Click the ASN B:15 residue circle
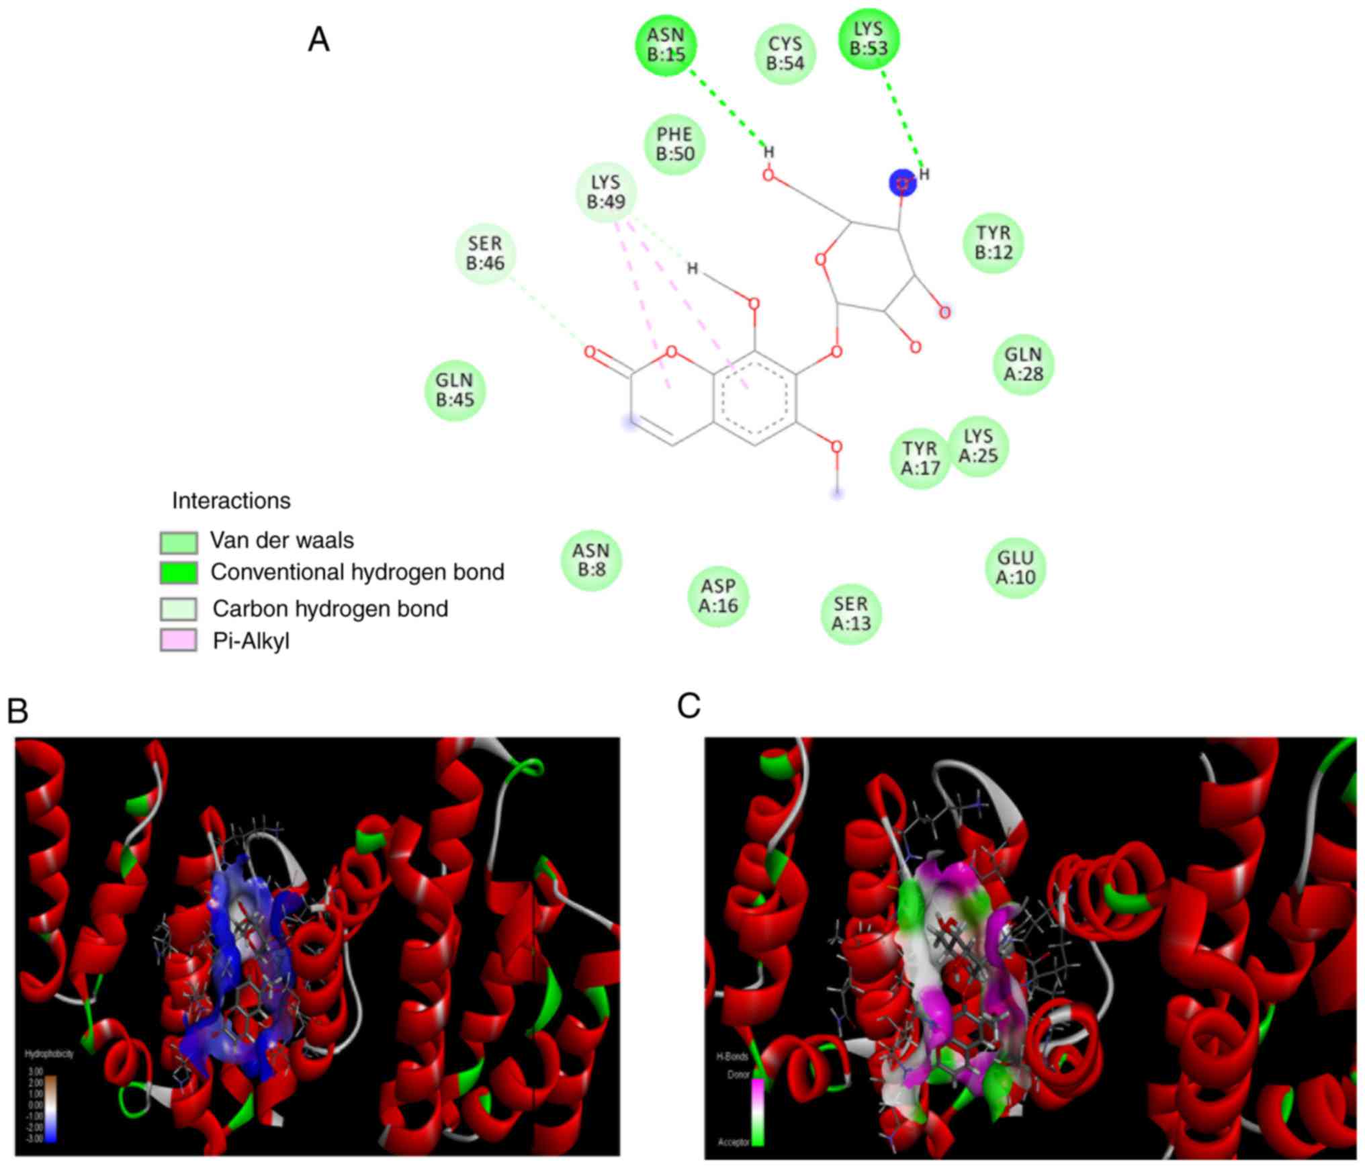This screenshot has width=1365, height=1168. [x=666, y=45]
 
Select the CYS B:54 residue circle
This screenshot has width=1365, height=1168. [x=785, y=54]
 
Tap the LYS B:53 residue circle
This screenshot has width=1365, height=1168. [x=869, y=39]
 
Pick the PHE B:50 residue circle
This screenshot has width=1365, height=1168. [x=675, y=144]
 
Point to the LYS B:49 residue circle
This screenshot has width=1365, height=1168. [x=606, y=192]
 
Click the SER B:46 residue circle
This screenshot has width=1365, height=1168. [x=486, y=253]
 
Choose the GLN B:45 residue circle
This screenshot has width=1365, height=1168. [x=455, y=390]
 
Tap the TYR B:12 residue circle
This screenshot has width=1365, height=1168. [x=994, y=242]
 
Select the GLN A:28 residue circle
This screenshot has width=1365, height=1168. [x=1023, y=364]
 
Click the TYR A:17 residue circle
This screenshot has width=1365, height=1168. [x=920, y=458]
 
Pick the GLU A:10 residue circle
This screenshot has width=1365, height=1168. [x=1016, y=568]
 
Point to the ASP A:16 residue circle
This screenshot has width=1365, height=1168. [x=718, y=596]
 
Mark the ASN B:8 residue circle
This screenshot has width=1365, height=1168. [x=591, y=560]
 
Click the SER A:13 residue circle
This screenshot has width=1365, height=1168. [x=851, y=613]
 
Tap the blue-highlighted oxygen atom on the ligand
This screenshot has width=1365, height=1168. [x=903, y=183]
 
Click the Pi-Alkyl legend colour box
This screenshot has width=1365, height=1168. [x=179, y=640]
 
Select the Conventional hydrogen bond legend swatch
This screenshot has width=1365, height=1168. [x=179, y=572]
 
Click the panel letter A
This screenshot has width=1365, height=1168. [x=318, y=40]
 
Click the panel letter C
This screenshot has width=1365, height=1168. [x=689, y=707]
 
